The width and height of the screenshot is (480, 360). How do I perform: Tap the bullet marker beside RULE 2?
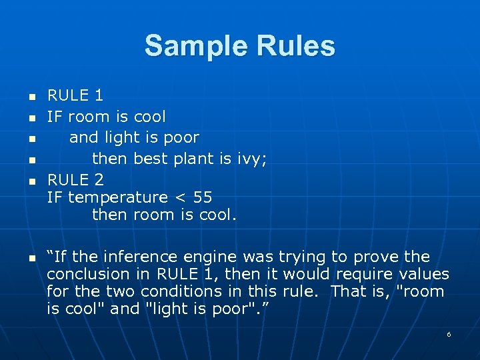31,181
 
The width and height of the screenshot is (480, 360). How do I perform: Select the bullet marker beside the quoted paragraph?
31,258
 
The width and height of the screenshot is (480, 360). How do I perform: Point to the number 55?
202,197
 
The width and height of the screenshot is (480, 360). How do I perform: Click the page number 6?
449,334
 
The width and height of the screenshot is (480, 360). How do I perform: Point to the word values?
424,274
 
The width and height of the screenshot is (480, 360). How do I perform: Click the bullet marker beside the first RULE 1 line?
31,97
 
